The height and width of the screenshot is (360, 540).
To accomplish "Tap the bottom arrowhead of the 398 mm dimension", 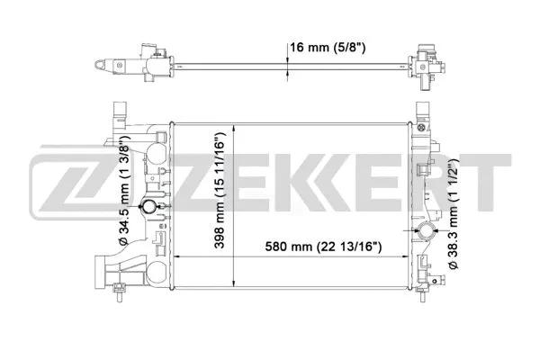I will [235, 282].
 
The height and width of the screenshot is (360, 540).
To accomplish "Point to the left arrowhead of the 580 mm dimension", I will [175, 257].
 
